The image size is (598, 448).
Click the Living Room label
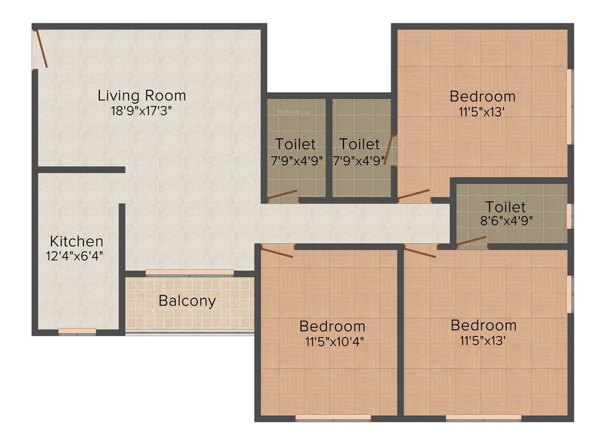click(x=141, y=95)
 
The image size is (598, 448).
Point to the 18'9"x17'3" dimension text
click(x=141, y=111)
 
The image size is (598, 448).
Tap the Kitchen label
click(x=77, y=241)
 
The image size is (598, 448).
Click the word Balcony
click(x=187, y=301)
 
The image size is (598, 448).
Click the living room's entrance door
click(x=41, y=48)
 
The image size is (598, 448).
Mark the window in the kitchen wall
click(x=77, y=331)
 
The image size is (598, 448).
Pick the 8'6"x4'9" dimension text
click(x=505, y=221)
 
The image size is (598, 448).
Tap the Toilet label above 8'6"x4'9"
click(x=506, y=206)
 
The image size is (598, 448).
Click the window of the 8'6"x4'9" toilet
click(x=569, y=215)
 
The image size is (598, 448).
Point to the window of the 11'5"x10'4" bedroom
click(x=333, y=418)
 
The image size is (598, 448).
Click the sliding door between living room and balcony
click(x=190, y=272)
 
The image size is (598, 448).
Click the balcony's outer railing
click(x=190, y=332)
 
